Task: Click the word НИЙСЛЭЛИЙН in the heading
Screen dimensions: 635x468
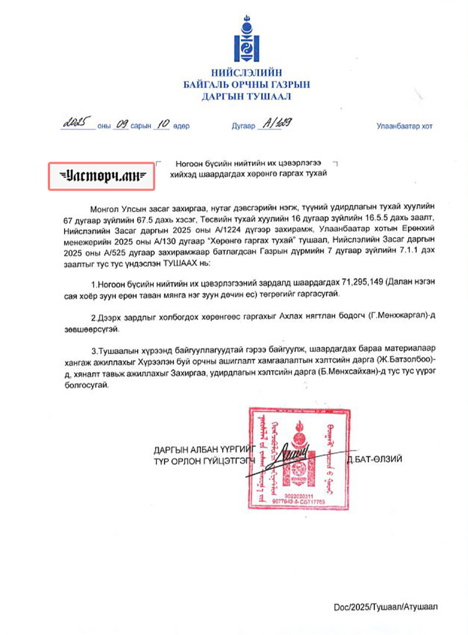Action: [246, 73]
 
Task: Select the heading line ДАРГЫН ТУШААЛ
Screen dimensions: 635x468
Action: [246, 97]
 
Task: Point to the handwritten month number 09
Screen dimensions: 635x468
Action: [122, 124]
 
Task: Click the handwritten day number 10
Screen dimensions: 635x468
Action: [163, 124]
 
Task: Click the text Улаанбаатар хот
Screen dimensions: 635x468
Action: [404, 126]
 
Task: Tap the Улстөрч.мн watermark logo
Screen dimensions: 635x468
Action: [101, 176]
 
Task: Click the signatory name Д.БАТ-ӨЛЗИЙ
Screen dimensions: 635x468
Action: [375, 459]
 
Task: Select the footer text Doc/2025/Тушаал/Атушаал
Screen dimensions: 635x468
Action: [385, 607]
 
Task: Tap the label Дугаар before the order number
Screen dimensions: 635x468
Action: [243, 126]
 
